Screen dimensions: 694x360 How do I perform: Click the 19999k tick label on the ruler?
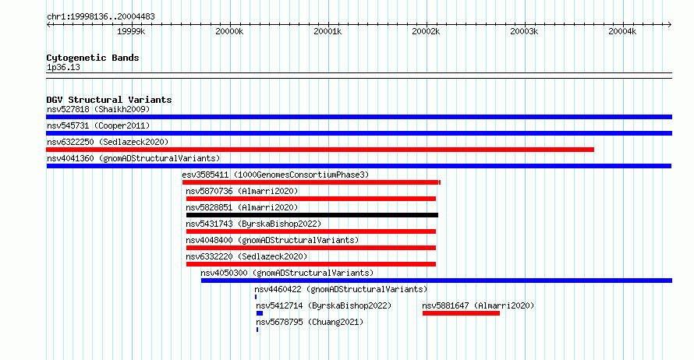point(131,31)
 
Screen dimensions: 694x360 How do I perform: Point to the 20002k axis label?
point(426,31)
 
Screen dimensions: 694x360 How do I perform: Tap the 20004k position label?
point(622,31)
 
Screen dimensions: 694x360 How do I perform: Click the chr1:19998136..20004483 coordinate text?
point(101,17)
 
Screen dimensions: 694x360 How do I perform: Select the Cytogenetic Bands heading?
point(93,58)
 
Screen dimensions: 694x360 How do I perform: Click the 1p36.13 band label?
point(63,68)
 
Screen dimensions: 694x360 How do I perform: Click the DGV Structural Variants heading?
point(109,100)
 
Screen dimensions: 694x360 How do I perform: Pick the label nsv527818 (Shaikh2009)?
point(98,109)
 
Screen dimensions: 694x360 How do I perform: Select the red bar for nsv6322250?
point(320,150)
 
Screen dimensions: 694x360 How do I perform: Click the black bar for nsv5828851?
point(312,215)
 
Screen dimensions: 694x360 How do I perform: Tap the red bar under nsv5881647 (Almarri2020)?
point(461,313)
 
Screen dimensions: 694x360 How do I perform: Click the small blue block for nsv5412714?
point(260,313)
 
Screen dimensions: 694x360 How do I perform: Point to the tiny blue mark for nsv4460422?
point(256,297)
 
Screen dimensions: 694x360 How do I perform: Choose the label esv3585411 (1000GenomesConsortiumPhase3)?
point(275,175)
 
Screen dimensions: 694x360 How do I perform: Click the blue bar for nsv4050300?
point(437,281)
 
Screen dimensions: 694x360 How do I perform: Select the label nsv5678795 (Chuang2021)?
point(310,322)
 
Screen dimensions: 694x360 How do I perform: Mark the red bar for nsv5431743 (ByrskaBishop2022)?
point(311,231)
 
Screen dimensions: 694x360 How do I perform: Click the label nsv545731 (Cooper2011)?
point(98,125)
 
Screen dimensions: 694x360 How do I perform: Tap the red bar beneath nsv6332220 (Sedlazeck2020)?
point(311,264)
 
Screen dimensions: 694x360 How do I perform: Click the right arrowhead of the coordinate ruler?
point(670,25)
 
